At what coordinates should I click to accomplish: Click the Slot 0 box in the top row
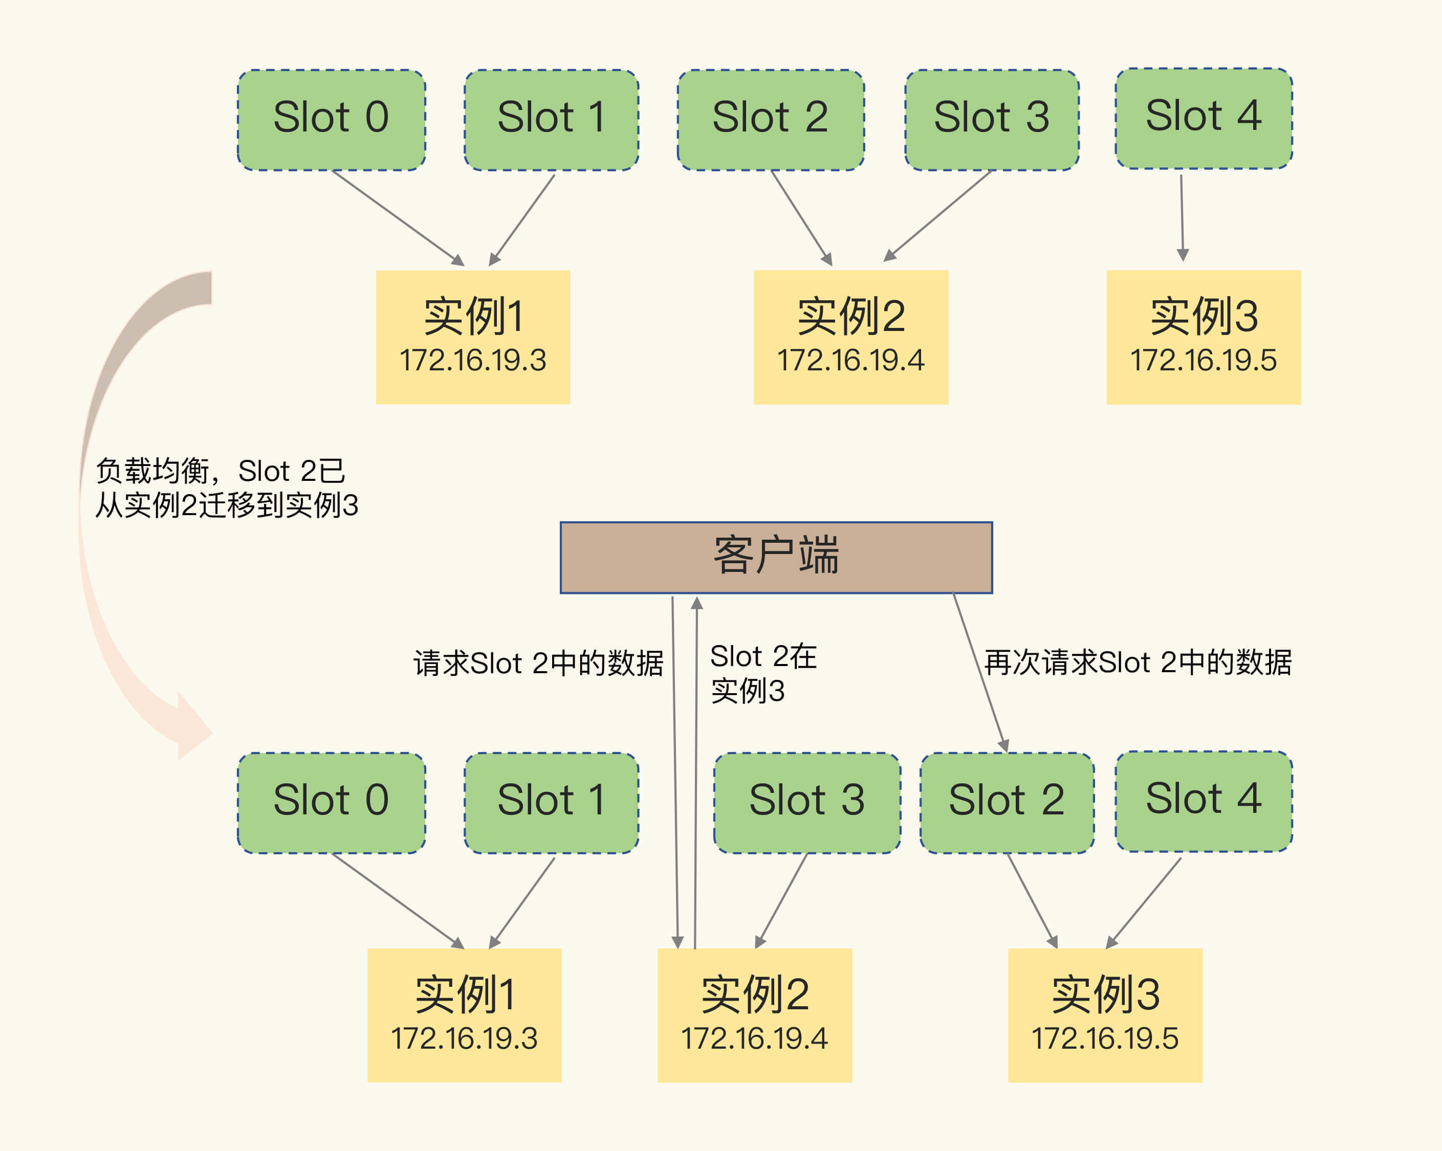point(331,120)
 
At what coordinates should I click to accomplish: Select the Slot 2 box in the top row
point(771,120)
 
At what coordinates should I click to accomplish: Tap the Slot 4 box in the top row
point(1203,118)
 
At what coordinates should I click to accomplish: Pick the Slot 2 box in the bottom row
point(1007,802)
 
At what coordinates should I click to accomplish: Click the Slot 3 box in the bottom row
point(806,802)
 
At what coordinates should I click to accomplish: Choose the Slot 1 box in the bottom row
point(551,802)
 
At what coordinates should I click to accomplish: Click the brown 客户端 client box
point(776,557)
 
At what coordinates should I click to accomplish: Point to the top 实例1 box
point(473,337)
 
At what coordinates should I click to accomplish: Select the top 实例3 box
point(1203,337)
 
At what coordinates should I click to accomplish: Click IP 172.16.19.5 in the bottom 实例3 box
point(1105,1038)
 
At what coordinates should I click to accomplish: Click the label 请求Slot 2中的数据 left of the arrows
point(538,663)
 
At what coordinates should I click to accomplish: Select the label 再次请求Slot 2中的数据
point(1138,662)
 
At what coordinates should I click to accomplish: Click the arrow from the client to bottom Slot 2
point(980,672)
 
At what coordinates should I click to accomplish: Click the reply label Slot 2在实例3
point(762,673)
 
